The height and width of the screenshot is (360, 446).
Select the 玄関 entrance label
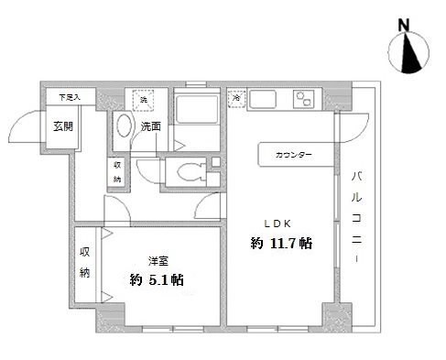(62, 125)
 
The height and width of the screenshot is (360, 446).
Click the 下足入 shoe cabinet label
(70, 96)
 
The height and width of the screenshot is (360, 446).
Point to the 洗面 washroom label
(151, 126)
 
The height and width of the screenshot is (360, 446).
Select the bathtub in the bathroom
(194, 116)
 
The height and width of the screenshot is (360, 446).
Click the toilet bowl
(190, 169)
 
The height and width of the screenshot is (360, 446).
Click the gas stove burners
(307, 99)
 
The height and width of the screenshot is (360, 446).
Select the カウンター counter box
(292, 155)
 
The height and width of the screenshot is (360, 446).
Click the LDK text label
(279, 222)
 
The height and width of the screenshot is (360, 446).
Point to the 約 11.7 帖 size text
(281, 243)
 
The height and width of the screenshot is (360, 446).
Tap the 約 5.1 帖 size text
(157, 279)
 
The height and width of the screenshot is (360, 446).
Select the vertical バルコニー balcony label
(356, 217)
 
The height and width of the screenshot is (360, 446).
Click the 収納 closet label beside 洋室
(85, 261)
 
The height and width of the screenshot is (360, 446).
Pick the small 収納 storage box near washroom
(117, 171)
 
